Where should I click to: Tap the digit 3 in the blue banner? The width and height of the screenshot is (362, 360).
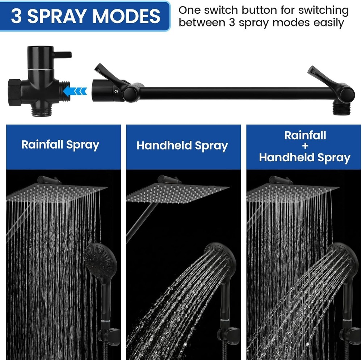16,16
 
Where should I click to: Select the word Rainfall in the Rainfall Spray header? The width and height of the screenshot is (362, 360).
43,145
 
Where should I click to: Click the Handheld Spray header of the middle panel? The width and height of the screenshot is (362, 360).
182,146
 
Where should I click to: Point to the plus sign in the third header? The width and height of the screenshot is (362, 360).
305,146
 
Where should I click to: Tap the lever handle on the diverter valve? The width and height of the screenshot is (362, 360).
64,54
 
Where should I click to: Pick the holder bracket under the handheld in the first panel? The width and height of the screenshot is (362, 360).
110,335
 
